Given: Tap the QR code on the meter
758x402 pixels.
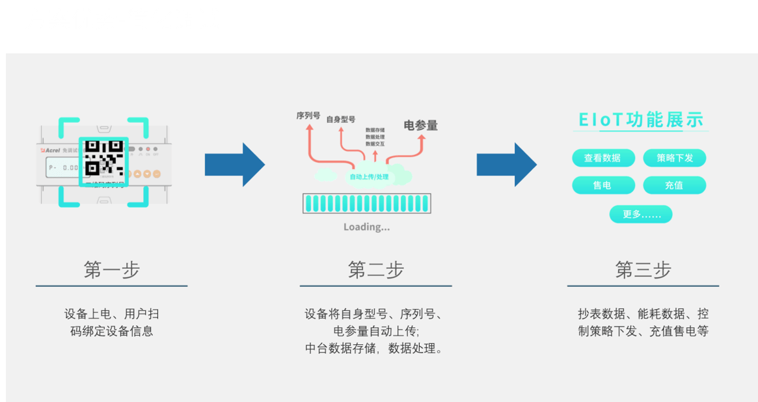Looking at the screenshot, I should [103, 159].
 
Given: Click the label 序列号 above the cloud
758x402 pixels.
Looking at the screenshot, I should [308, 116].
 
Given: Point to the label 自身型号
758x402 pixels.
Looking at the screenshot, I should [341, 119].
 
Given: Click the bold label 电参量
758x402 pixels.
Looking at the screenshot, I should [420, 125].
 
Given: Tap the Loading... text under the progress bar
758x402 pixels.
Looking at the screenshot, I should [367, 227].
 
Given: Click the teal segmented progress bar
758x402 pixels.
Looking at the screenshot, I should [367, 204].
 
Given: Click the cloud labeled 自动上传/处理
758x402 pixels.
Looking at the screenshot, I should [368, 176].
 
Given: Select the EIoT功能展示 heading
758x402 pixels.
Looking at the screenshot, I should [641, 120].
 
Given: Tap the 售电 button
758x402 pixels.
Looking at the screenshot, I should [603, 185].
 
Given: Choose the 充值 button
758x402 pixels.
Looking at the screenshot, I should [674, 185].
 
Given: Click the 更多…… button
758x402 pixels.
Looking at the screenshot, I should [640, 214].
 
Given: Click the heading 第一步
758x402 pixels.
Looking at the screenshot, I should [111, 269].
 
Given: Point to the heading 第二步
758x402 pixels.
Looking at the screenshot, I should [375, 269].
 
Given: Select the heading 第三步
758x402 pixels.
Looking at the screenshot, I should [643, 269].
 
